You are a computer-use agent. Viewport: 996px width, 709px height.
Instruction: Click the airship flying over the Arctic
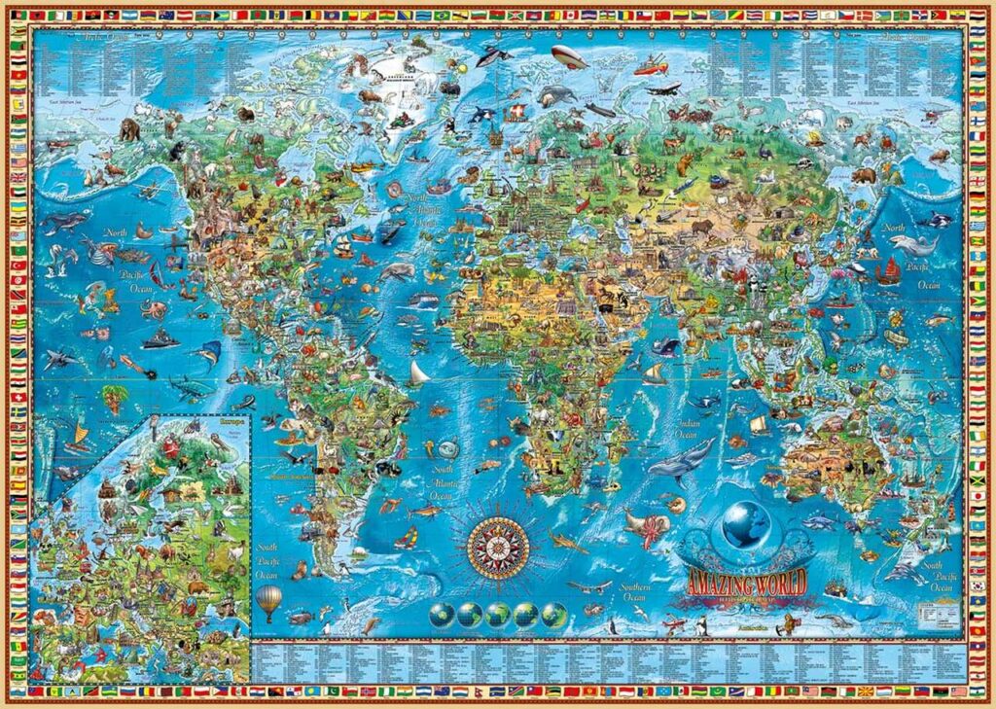[569, 56]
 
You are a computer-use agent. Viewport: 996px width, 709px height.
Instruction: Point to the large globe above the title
[746, 525]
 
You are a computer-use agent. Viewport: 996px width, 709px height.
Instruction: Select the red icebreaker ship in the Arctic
[650, 66]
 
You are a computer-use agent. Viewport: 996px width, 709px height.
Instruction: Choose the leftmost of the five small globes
[440, 614]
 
